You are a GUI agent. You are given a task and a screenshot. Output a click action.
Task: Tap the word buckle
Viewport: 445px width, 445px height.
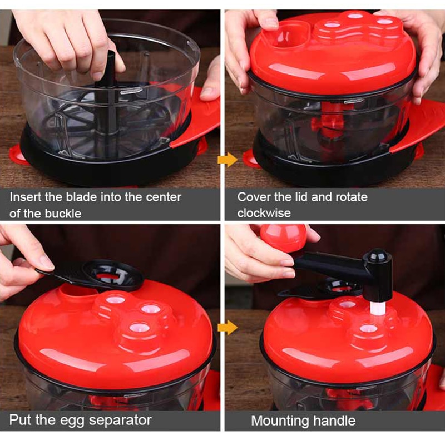click(62, 213)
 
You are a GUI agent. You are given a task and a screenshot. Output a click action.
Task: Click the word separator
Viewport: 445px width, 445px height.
click(120, 420)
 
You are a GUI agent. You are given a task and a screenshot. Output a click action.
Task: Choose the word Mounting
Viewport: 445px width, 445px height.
click(278, 420)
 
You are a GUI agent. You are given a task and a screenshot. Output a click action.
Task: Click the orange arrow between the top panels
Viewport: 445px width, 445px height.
click(225, 161)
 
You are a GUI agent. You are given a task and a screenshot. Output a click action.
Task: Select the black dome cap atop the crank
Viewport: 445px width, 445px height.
click(377, 258)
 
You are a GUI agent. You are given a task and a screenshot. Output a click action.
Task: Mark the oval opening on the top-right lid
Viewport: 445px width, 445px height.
click(286, 39)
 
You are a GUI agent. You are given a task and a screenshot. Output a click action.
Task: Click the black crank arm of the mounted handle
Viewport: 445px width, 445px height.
click(328, 266)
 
